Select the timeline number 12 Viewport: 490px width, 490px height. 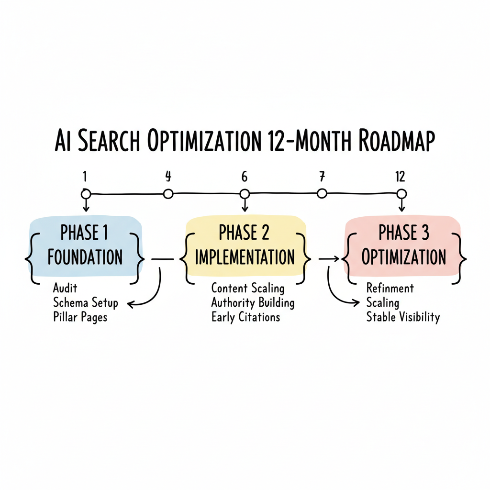(x=400, y=177)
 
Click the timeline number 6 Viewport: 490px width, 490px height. (x=245, y=177)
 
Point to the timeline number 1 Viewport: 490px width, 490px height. (x=85, y=177)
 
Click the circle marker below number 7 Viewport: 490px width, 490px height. (x=322, y=193)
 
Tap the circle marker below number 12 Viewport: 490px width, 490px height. (x=402, y=193)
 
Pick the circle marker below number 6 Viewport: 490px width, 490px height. (x=245, y=194)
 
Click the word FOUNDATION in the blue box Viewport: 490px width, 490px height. (x=85, y=257)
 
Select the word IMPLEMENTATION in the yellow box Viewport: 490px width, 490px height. (x=245, y=257)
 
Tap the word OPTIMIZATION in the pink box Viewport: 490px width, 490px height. (x=404, y=257)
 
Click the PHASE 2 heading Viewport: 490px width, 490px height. (x=244, y=233)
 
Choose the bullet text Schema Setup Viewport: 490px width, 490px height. (x=86, y=303)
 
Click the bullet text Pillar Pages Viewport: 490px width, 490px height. (x=80, y=317)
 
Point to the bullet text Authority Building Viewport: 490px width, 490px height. (x=253, y=303)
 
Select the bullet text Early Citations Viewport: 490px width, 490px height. (x=245, y=317)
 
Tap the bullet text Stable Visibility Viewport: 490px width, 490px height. (x=402, y=317)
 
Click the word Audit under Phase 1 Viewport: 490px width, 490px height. (x=66, y=289)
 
